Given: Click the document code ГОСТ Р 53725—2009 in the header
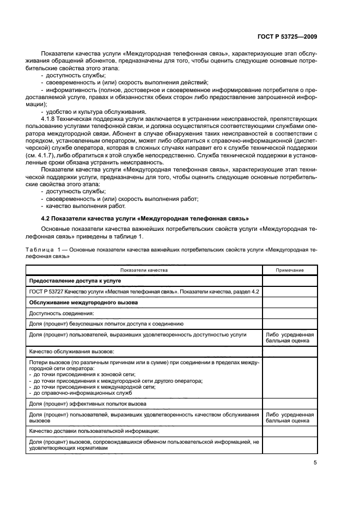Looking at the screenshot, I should tap(287, 36).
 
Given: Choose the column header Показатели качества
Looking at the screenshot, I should tap(144, 270).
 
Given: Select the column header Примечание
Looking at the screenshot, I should tap(290, 270).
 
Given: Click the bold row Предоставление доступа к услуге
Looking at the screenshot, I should tap(75, 281).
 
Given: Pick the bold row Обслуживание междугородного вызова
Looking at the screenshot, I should tap(83, 302).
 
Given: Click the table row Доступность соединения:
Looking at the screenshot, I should tap(62, 313).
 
